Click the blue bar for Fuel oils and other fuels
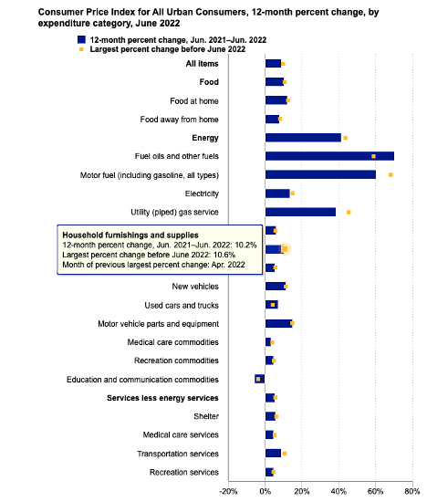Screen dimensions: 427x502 (329, 156)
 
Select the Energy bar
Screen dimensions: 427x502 (303, 138)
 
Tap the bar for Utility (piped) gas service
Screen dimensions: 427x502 (300, 212)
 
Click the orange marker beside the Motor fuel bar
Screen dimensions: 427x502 (391, 175)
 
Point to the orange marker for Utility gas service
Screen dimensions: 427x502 (349, 213)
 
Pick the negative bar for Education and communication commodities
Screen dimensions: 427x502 (260, 379)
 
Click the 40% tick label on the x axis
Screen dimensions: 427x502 (338, 492)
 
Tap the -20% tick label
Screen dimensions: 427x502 (228, 492)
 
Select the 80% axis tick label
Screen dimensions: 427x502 (412, 492)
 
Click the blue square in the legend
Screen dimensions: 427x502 (81, 39)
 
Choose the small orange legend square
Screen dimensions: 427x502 (81, 49)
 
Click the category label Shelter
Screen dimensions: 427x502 (206, 416)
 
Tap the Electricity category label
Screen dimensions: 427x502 (202, 193)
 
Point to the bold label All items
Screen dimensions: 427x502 (203, 64)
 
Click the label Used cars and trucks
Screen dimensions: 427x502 (182, 306)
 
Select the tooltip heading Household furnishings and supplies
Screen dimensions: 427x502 (130, 235)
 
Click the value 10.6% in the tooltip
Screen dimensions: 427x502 (224, 255)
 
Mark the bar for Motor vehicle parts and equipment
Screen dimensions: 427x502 (279, 323)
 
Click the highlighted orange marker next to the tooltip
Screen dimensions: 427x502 (285, 249)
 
